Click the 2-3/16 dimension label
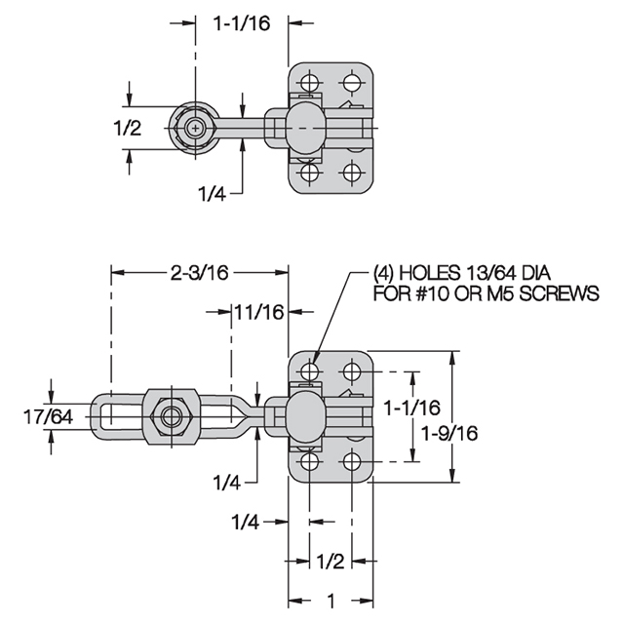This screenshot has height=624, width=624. tap(199, 273)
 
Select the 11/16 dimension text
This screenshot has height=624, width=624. tap(259, 312)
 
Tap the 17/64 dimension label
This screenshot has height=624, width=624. tap(48, 417)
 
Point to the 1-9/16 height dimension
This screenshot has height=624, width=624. tap(449, 433)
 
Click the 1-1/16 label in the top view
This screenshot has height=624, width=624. tap(242, 23)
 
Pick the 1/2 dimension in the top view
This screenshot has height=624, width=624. tap(128, 128)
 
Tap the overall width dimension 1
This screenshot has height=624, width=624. tap(330, 601)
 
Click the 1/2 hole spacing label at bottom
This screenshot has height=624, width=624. tap(330, 562)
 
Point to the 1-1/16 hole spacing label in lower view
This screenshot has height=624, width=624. tap(411, 408)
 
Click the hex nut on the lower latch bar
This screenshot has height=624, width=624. tap(172, 417)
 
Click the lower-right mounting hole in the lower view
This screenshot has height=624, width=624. tap(351, 461)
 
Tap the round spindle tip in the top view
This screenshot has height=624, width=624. tap(195, 128)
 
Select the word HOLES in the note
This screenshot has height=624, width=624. tap(429, 273)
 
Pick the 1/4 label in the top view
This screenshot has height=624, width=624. tap(213, 194)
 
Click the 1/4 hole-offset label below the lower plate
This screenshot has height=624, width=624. tap(245, 522)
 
